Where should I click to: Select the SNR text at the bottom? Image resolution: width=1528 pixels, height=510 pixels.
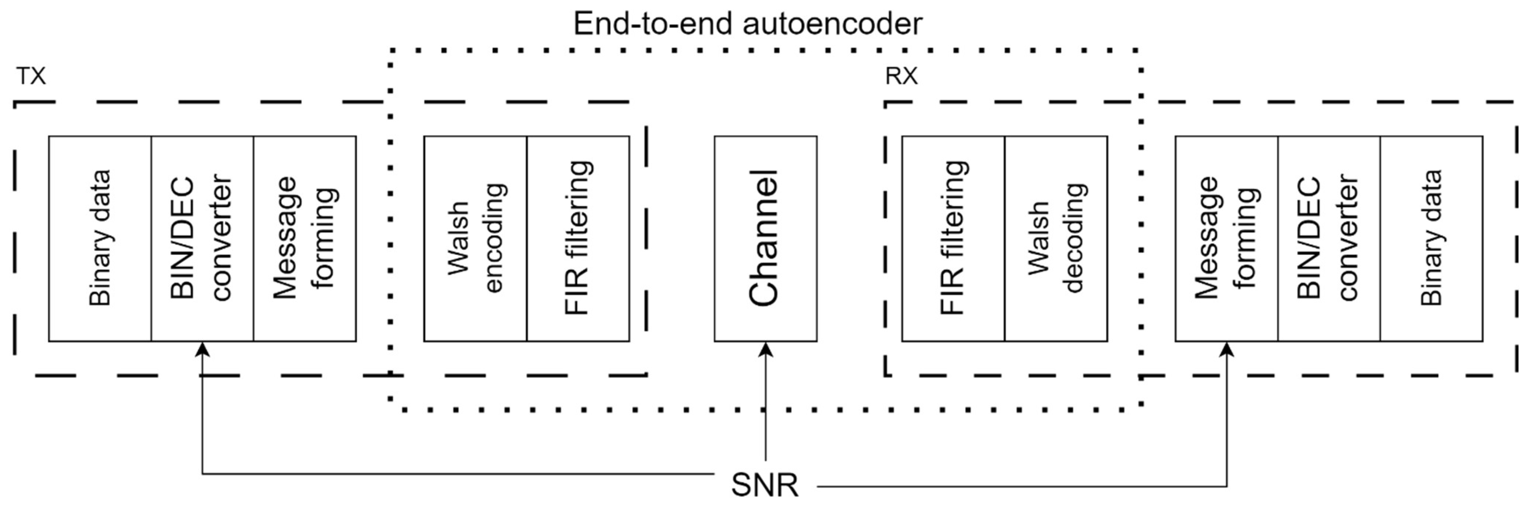point(765,485)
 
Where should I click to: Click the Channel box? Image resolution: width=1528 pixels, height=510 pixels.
point(765,238)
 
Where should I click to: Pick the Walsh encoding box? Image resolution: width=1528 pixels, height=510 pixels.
point(475,238)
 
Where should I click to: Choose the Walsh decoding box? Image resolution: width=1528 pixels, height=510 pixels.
point(1056,238)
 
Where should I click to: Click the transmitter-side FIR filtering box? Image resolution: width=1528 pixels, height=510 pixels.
point(578,238)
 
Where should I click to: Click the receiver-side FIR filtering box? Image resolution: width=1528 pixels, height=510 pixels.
point(953,238)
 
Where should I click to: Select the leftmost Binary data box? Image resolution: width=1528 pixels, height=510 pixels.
point(100,238)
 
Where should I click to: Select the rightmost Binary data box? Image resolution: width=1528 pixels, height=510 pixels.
point(1431,238)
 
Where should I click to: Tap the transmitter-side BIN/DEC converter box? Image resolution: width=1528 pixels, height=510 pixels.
point(202,238)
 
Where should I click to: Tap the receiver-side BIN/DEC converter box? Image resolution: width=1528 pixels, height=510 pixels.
point(1329,238)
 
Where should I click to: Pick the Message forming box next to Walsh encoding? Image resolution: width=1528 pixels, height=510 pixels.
point(305,238)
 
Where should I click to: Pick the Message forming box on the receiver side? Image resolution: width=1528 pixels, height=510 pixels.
point(1226,238)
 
